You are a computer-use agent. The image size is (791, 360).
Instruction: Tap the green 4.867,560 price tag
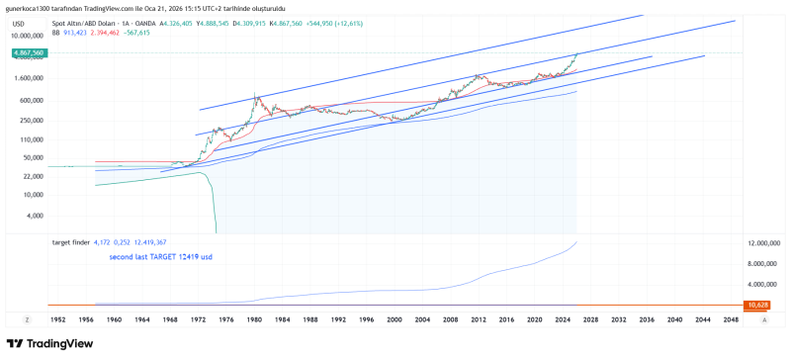pyautogui.click(x=28, y=52)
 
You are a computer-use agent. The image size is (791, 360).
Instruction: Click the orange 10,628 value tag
pyautogui.click(x=758, y=306)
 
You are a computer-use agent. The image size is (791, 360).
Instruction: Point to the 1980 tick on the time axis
pyautogui.click(x=255, y=320)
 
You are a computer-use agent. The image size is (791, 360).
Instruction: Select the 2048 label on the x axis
pyautogui.click(x=732, y=320)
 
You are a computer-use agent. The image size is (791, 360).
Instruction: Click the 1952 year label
pyautogui.click(x=58, y=320)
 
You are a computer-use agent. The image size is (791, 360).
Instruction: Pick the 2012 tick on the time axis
pyautogui.click(x=479, y=320)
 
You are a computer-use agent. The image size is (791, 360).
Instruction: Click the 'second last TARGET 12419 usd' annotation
pyautogui.click(x=160, y=257)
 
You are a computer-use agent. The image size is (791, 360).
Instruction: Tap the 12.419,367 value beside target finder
pyautogui.click(x=148, y=242)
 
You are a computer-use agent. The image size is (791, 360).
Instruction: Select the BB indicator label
pyautogui.click(x=55, y=33)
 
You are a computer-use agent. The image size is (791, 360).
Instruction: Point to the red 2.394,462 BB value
pyautogui.click(x=106, y=33)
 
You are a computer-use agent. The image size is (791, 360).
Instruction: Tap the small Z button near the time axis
pyautogui.click(x=28, y=320)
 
